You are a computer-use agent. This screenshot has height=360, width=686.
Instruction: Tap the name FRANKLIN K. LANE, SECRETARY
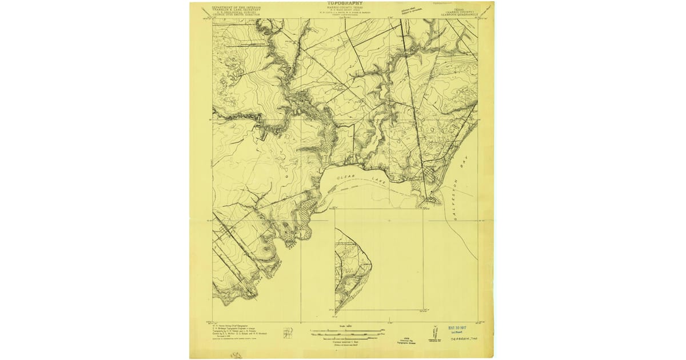coord(236,10)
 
